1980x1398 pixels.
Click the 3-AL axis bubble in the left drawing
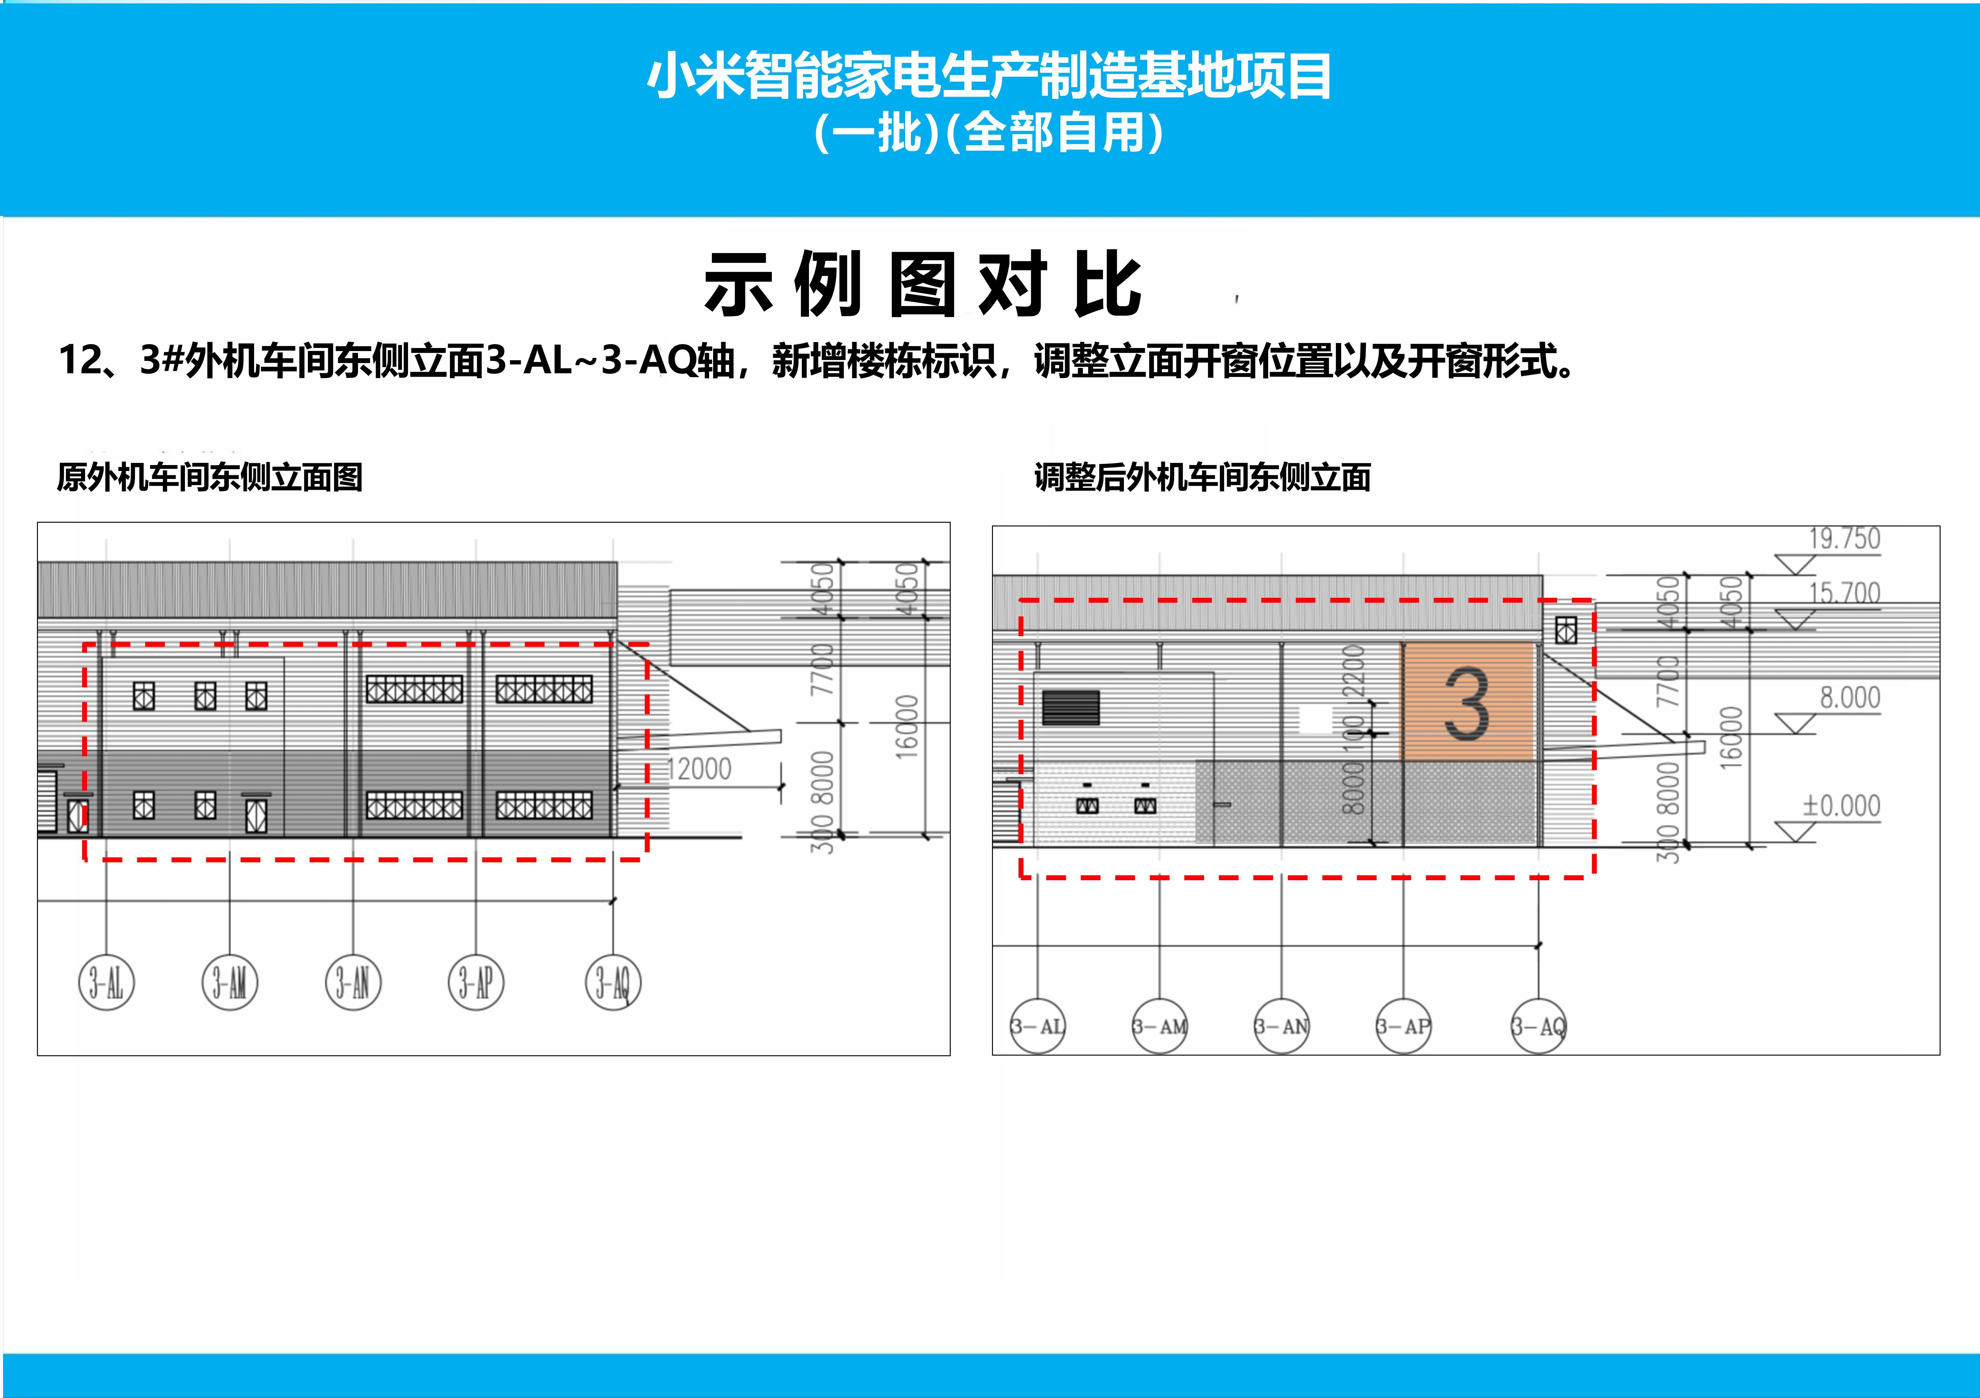point(106,982)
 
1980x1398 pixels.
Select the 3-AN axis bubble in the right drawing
point(1281,1026)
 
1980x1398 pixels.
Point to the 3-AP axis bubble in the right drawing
point(1403,1026)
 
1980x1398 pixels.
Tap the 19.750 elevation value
point(1844,539)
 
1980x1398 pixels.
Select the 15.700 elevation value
point(1844,593)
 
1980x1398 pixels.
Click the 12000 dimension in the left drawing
point(699,768)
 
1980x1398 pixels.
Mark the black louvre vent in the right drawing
point(1071,707)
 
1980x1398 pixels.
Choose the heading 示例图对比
point(923,284)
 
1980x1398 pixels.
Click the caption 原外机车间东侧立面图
point(210,477)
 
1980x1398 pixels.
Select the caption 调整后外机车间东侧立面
point(1202,477)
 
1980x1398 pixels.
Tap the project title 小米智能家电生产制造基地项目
point(989,76)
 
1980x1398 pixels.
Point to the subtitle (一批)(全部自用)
point(989,134)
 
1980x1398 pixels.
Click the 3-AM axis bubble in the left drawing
point(229,982)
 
